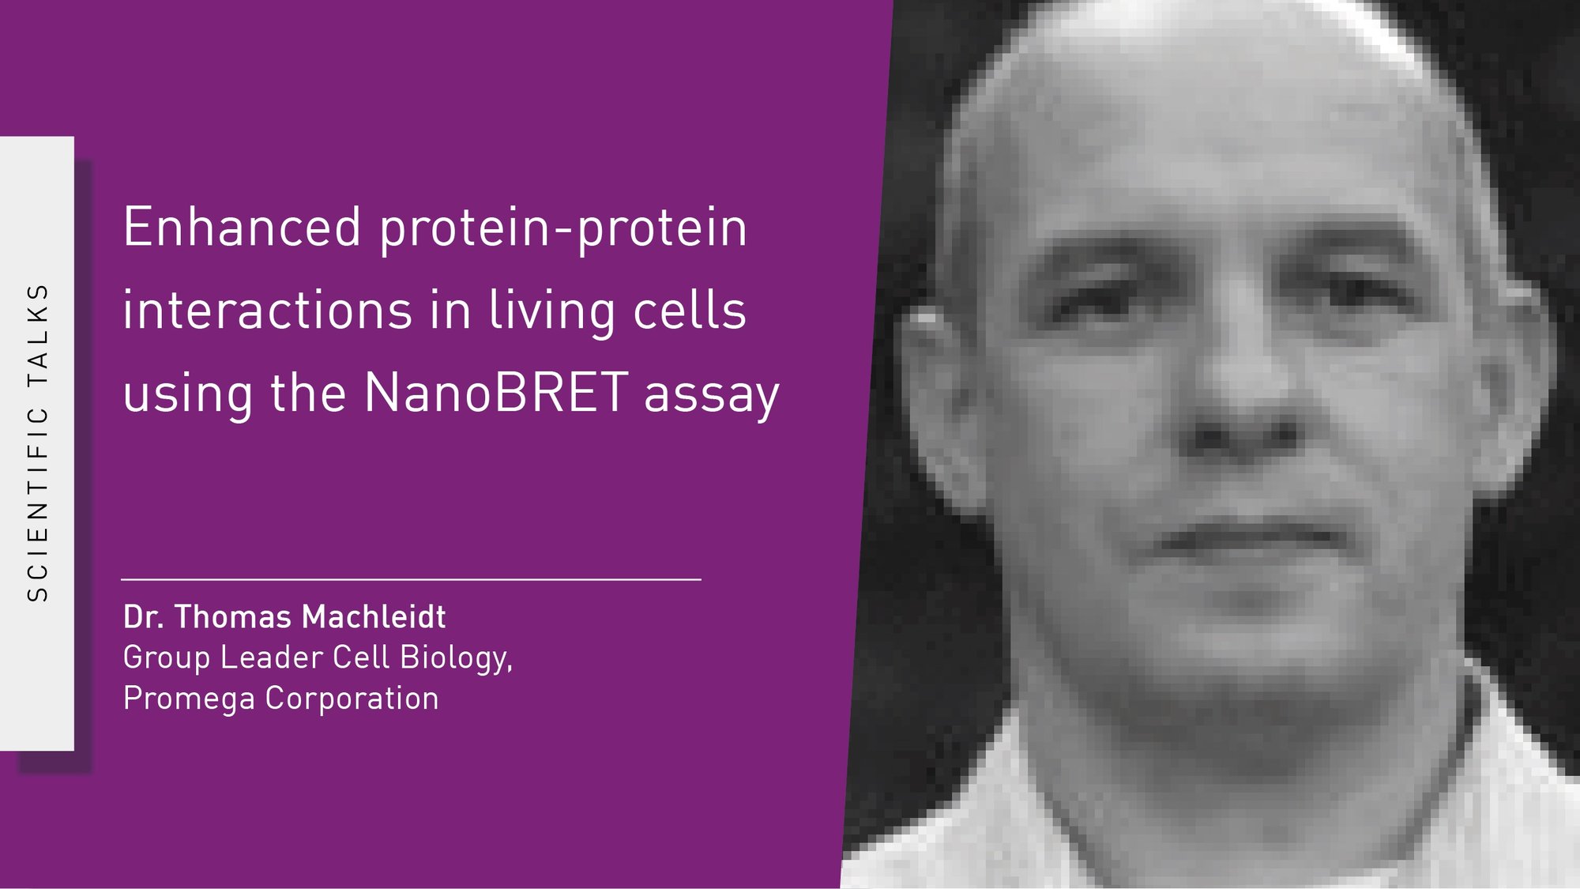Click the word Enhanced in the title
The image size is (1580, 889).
242,228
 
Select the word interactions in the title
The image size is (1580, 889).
267,310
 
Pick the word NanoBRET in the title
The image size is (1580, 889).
495,392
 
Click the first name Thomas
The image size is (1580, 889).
233,617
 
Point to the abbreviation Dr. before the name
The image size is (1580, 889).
143,617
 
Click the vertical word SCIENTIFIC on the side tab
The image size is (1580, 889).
38,504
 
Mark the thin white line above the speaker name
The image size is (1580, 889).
411,579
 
